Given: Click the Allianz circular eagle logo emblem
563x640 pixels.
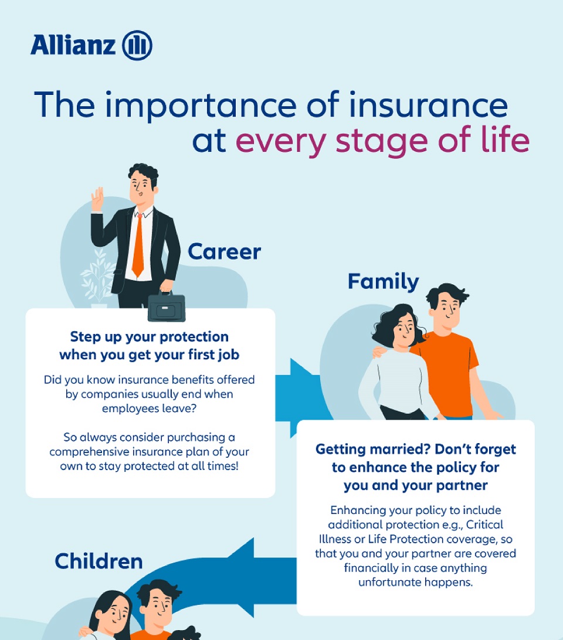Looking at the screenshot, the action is [137, 45].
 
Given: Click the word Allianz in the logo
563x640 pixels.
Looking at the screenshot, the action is [73, 45].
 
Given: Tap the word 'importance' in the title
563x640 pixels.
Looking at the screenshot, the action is [201, 107].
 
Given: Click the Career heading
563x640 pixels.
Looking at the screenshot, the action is [224, 251].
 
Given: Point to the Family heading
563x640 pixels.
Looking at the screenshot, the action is [383, 282].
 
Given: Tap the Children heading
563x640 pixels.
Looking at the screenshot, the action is [99, 561].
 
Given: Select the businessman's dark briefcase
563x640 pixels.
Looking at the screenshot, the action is [167, 306].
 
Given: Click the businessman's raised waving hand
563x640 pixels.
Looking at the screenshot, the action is [97, 199].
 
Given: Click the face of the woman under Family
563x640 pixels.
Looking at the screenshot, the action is [405, 331].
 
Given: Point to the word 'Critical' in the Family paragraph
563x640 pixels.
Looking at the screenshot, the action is [484, 525].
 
